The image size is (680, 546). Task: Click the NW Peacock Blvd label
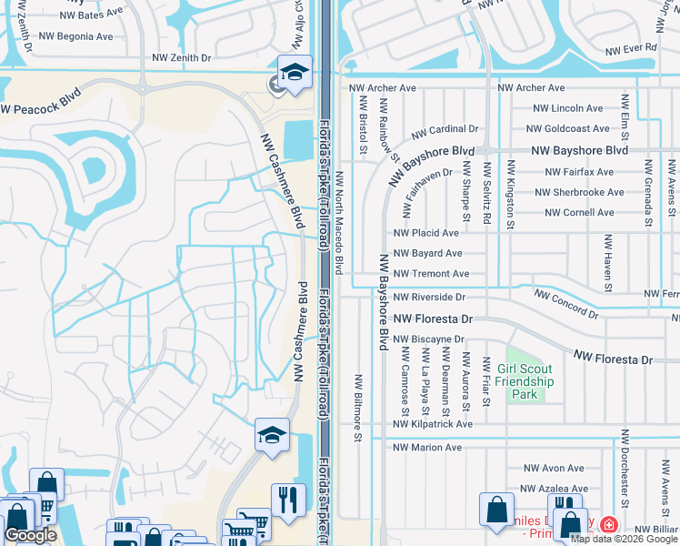(x=40, y=102)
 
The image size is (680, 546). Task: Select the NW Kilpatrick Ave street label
(x=433, y=424)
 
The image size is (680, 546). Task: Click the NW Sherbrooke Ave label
(x=579, y=193)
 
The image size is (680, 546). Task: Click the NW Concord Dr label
(x=566, y=304)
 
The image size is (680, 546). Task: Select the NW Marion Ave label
(x=427, y=448)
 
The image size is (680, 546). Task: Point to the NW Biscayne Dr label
(x=429, y=339)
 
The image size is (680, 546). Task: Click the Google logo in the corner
(x=30, y=535)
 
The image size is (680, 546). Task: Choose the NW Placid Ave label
(x=426, y=233)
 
